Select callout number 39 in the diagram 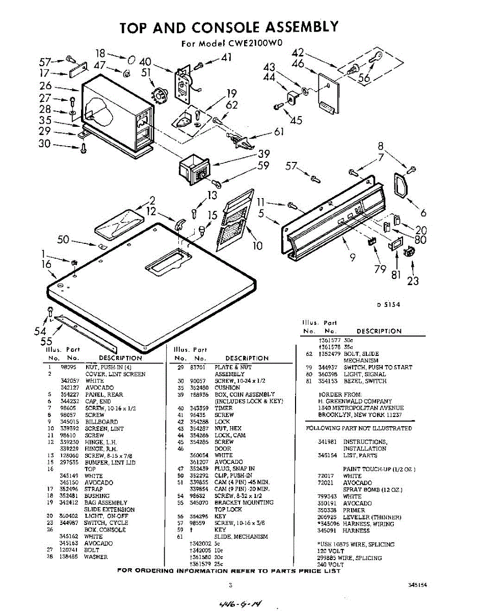263,154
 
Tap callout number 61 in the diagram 279,132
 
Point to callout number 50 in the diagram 64,239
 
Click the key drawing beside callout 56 375,59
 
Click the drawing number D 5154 389,305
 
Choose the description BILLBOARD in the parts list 101,422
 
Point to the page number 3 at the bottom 230,585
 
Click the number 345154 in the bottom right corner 417,585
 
